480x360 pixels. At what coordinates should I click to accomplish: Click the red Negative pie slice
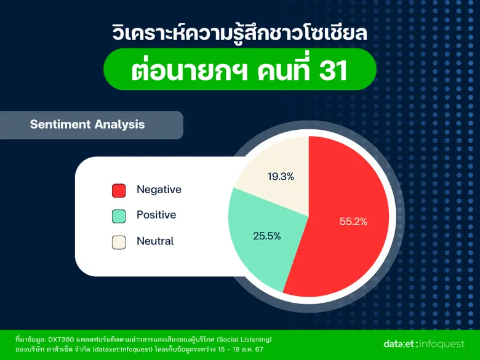pos(345,246)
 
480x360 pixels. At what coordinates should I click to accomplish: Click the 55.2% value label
pos(353,222)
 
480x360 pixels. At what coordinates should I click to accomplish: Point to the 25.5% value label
pos(267,235)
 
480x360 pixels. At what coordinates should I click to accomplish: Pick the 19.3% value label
pos(281,177)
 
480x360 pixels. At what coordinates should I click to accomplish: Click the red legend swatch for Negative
pos(119,191)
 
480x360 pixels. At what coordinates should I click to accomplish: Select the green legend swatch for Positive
pos(119,216)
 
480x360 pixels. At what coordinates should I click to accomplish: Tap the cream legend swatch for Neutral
pos(119,242)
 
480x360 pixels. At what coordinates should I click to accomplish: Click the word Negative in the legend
pos(159,190)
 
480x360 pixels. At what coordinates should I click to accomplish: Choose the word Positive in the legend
pos(156,215)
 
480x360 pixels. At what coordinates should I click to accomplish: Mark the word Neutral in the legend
pos(155,241)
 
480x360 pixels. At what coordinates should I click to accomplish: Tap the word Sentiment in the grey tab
pos(60,124)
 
